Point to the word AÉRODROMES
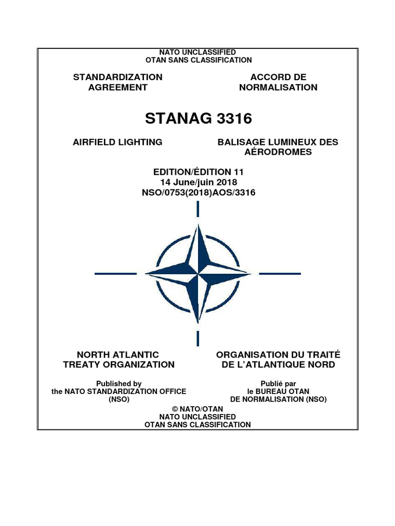click(x=278, y=153)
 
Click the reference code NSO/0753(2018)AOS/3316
click(x=198, y=193)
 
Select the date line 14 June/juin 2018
click(x=198, y=182)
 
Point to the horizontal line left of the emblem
click(x=115, y=274)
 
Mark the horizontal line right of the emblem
click(x=279, y=274)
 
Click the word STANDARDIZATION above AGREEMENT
click(x=118, y=77)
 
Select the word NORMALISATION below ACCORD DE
click(x=278, y=87)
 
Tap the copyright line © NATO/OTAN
click(x=197, y=408)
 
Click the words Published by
click(x=119, y=383)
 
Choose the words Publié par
click(x=278, y=383)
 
